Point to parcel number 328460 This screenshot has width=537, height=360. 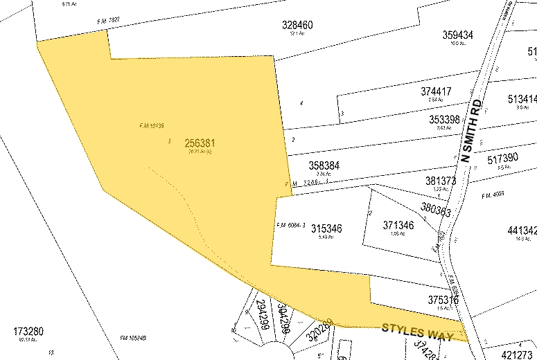[297, 25]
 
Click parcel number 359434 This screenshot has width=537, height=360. [457, 35]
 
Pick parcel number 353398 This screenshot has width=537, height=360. [444, 119]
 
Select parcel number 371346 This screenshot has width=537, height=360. [398, 226]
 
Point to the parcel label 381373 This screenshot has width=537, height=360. [441, 181]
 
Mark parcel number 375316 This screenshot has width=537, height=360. [443, 300]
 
